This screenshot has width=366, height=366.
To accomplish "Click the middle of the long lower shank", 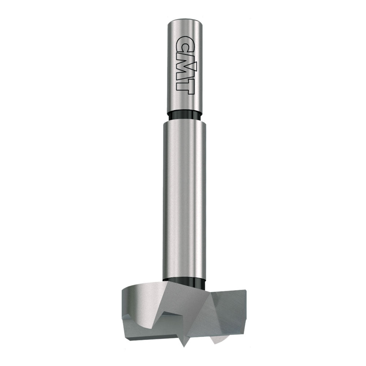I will (x=183, y=201).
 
